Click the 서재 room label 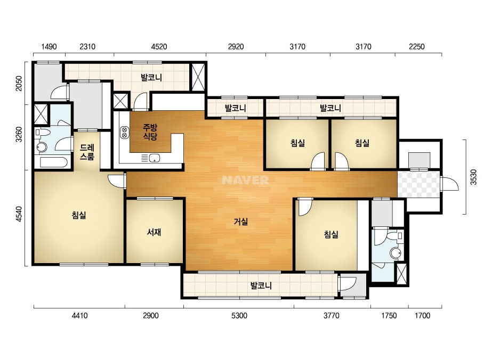[154, 232]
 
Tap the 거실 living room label [241, 222]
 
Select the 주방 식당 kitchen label [150, 132]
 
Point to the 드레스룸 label [87, 152]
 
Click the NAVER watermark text [245, 180]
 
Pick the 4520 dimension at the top [159, 47]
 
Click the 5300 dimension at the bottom [239, 315]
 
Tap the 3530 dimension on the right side [473, 177]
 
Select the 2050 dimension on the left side [19, 84]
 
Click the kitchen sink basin [155, 158]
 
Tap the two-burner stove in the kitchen [124, 132]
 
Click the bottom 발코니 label [261, 285]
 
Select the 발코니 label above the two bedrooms [330, 108]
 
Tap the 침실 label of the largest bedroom [79, 215]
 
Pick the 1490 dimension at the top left [49, 47]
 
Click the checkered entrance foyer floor [418, 184]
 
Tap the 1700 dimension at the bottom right [422, 315]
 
